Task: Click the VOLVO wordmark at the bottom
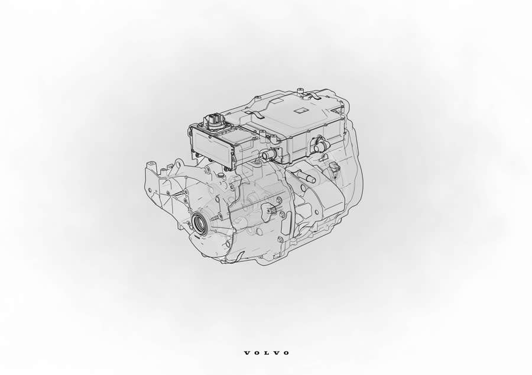point(267,353)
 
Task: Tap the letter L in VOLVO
point(267,353)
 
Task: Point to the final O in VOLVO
point(286,353)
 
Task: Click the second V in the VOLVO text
point(276,353)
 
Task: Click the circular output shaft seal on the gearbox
point(199,224)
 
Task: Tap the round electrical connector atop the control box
point(212,121)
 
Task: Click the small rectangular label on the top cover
point(300,111)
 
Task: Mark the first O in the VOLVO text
point(257,353)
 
